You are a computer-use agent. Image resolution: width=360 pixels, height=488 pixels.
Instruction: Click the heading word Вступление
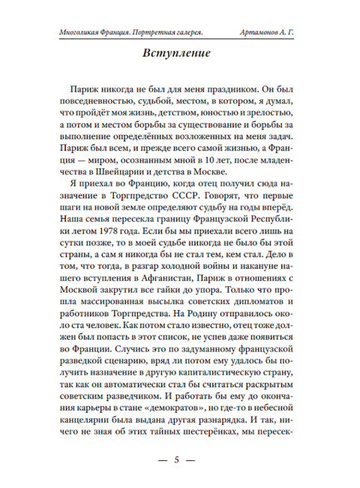(180, 55)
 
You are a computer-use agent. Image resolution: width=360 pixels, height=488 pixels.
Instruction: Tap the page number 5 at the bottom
(180, 459)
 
